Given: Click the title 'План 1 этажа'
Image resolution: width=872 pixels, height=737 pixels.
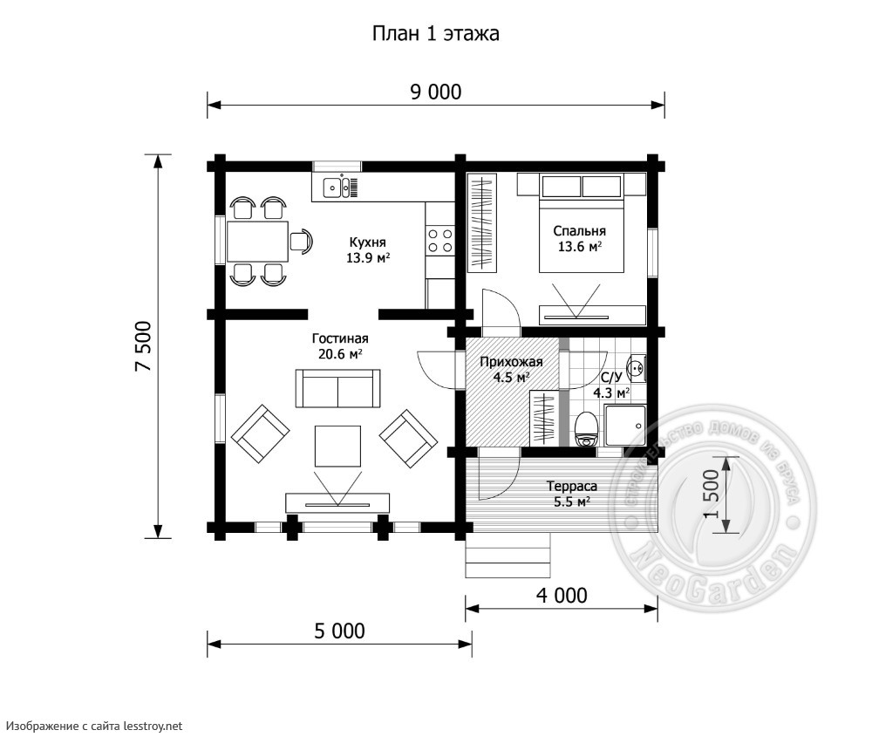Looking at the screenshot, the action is (435, 34).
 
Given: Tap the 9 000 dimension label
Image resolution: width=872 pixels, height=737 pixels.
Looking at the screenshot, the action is (436, 92).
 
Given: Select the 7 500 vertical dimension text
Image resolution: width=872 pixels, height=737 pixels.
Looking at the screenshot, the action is (143, 346).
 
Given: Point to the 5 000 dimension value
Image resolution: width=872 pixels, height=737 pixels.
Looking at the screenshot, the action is (340, 631).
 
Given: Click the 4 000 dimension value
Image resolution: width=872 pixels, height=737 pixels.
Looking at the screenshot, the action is (562, 596).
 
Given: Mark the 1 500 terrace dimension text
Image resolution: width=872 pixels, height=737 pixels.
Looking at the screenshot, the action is (712, 494).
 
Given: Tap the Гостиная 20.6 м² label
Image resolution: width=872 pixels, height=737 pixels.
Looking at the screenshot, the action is (340, 346).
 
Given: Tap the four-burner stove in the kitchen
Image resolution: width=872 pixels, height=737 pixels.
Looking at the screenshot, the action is (439, 241).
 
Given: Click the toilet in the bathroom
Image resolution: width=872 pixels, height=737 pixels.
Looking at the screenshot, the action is (586, 429).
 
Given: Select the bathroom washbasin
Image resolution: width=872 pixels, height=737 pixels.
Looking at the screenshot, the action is (636, 368).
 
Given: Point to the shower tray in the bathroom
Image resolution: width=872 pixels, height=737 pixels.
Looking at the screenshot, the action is (625, 426).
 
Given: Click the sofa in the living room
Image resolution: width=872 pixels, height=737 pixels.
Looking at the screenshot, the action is (337, 388).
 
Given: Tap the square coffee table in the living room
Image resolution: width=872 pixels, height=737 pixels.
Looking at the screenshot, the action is (337, 446).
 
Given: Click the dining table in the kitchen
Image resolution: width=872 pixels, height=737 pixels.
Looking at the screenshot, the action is (257, 242).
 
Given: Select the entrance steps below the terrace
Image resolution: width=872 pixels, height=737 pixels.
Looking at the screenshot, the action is (508, 555).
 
